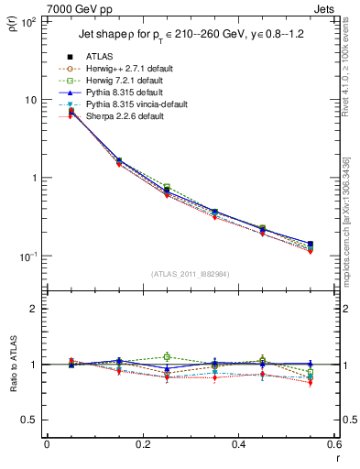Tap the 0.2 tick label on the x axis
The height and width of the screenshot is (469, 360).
tap(142, 444)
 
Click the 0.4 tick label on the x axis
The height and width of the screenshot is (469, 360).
tap(238, 444)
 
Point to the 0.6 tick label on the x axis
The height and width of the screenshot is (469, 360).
tap(333, 444)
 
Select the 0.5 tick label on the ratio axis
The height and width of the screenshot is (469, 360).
tap(29, 420)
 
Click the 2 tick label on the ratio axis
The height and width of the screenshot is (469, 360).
tap(33, 309)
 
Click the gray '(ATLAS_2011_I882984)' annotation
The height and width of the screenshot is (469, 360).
tap(191, 274)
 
